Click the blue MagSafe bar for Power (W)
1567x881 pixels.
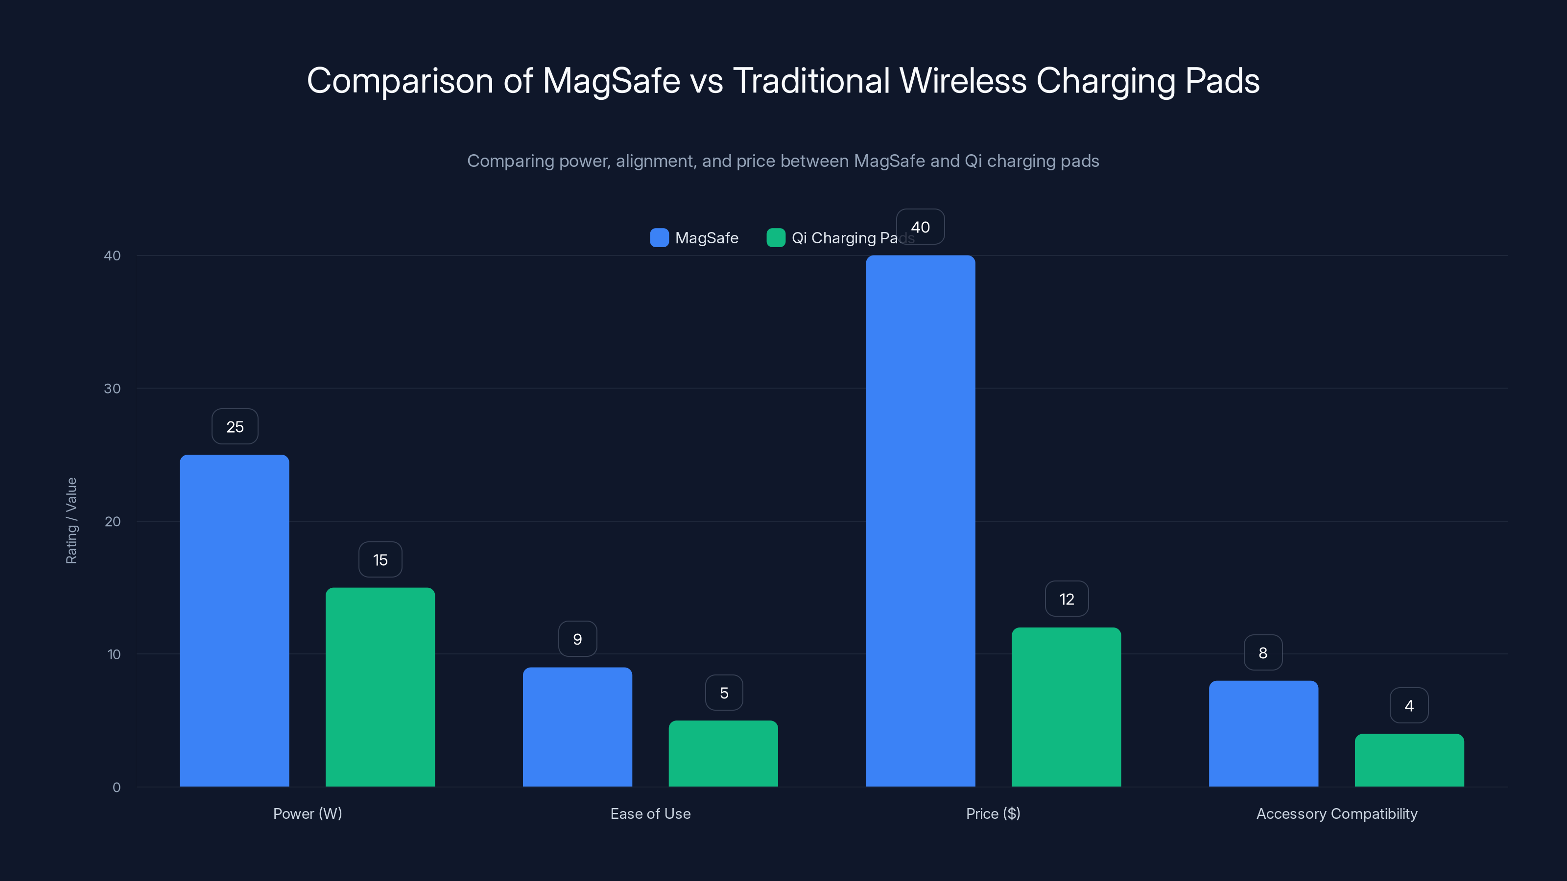[x=234, y=620]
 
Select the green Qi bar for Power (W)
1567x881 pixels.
[x=380, y=687]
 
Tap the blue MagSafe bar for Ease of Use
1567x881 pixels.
[x=577, y=726]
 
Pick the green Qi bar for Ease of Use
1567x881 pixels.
[x=723, y=753]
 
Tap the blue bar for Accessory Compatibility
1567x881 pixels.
[x=1263, y=733]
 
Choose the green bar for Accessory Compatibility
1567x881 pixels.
[x=1409, y=760]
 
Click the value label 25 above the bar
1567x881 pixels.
[x=235, y=427]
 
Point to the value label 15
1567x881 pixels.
[x=380, y=560]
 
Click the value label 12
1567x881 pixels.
[x=1067, y=600]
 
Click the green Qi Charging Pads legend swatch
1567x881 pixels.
[x=776, y=238]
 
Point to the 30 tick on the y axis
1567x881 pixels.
[x=113, y=389]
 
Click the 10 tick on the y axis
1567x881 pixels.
[x=114, y=654]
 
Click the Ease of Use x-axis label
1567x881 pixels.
[x=650, y=813]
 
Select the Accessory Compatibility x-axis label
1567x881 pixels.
[x=1336, y=813]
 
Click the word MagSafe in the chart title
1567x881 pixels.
[x=611, y=81]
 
